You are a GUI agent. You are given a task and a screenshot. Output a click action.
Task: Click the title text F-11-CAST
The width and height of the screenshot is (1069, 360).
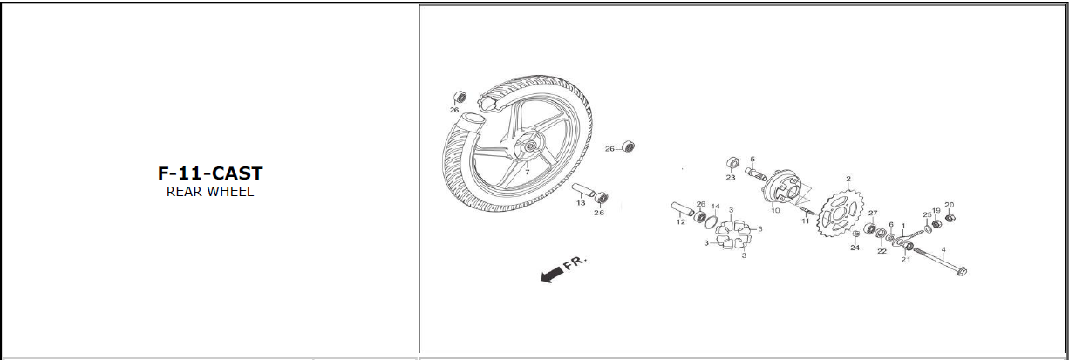point(210,173)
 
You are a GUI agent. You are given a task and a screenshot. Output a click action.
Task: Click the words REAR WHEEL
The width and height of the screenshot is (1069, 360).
point(210,192)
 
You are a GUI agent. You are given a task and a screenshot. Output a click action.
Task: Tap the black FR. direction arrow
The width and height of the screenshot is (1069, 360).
point(551,275)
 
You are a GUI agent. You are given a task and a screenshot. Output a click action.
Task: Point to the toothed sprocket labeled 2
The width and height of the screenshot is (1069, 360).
point(839,215)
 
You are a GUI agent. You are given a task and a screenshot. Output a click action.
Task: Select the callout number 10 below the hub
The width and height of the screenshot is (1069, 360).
point(775,210)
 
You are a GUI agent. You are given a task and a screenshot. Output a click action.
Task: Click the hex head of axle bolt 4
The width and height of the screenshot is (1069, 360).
point(962,272)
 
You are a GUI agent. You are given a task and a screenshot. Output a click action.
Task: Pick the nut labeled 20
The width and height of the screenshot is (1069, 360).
point(950,219)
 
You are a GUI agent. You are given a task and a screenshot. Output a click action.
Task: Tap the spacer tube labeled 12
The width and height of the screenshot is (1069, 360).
point(683,210)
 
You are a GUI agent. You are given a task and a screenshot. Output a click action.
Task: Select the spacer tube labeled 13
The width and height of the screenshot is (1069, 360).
point(583,189)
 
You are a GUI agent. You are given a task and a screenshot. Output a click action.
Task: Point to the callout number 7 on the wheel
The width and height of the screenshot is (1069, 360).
point(527,172)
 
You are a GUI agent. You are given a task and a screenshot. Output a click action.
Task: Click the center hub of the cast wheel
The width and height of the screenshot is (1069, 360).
point(528,146)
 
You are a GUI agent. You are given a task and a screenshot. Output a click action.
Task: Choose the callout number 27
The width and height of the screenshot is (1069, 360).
point(873,214)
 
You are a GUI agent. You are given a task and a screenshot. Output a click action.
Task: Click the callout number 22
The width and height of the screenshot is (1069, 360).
point(882,251)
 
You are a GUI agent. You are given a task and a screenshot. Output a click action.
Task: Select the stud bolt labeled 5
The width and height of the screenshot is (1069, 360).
point(755,173)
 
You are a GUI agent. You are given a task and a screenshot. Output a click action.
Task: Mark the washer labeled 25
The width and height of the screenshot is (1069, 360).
point(927,230)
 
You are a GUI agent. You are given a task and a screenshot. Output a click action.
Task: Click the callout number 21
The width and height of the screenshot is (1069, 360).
point(906,260)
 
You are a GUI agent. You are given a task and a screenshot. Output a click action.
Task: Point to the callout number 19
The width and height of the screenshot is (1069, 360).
point(936,210)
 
